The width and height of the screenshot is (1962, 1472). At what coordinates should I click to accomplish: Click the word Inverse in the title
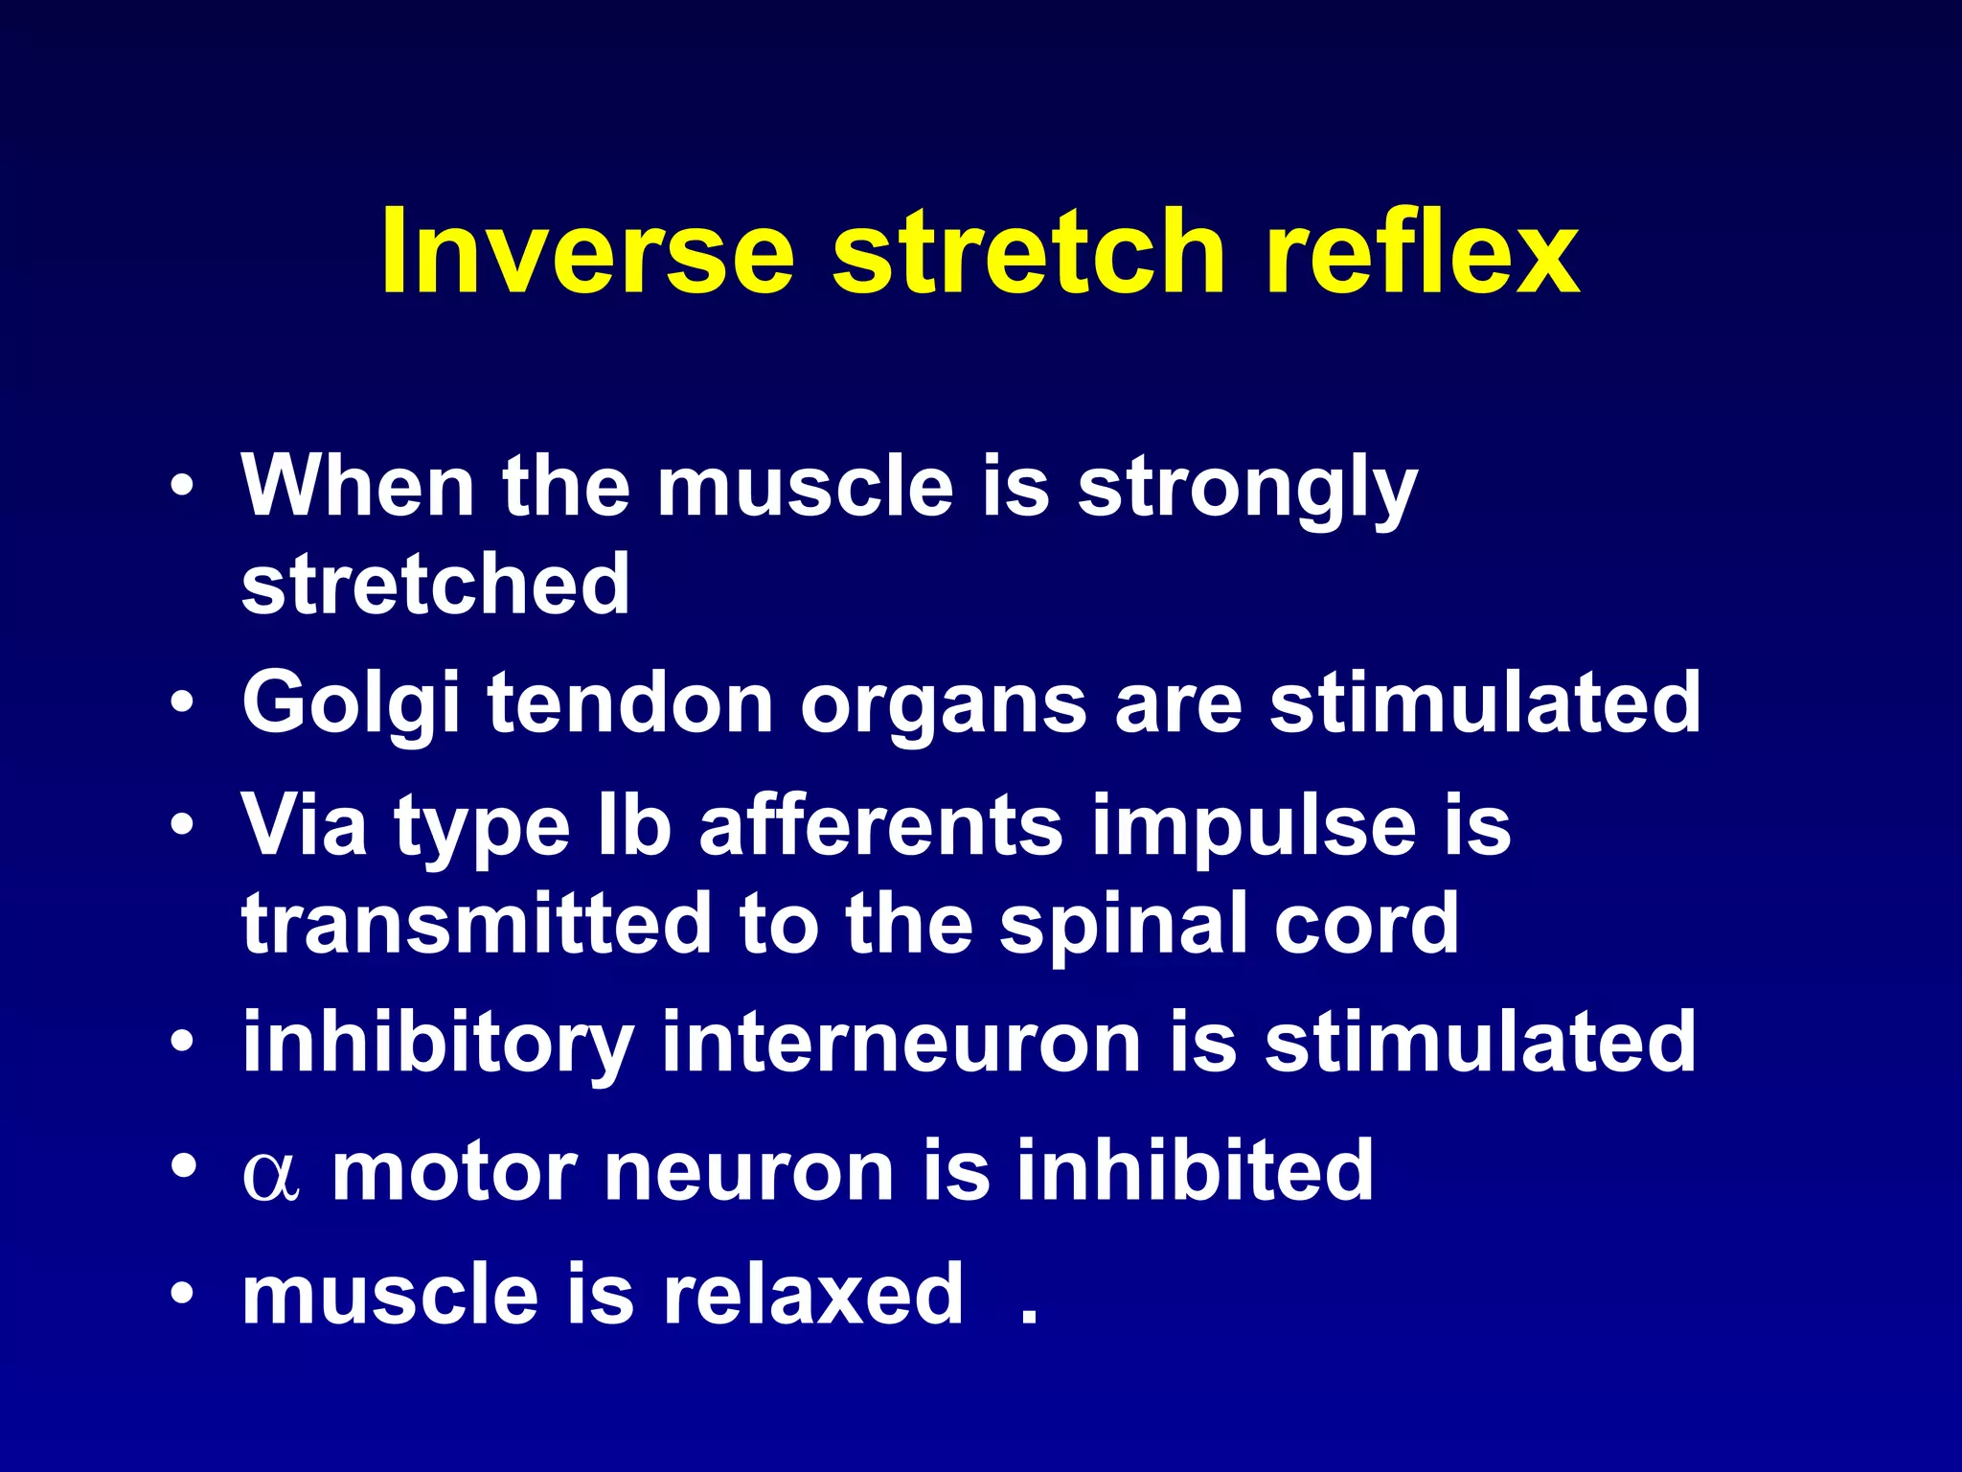[586, 253]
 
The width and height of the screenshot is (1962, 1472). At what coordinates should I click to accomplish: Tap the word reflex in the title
[1422, 253]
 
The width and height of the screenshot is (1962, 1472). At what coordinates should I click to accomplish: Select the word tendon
[629, 703]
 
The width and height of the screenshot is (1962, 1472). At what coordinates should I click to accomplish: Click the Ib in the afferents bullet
[633, 825]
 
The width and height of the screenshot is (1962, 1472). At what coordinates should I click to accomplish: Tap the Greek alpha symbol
[271, 1175]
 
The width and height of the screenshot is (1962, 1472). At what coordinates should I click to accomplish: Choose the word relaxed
[812, 1295]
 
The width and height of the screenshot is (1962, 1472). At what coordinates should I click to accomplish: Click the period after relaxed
[1029, 1319]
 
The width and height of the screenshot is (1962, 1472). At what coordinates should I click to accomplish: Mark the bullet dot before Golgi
[183, 705]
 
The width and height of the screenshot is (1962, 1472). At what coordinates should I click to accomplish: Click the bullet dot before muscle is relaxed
[183, 1296]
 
